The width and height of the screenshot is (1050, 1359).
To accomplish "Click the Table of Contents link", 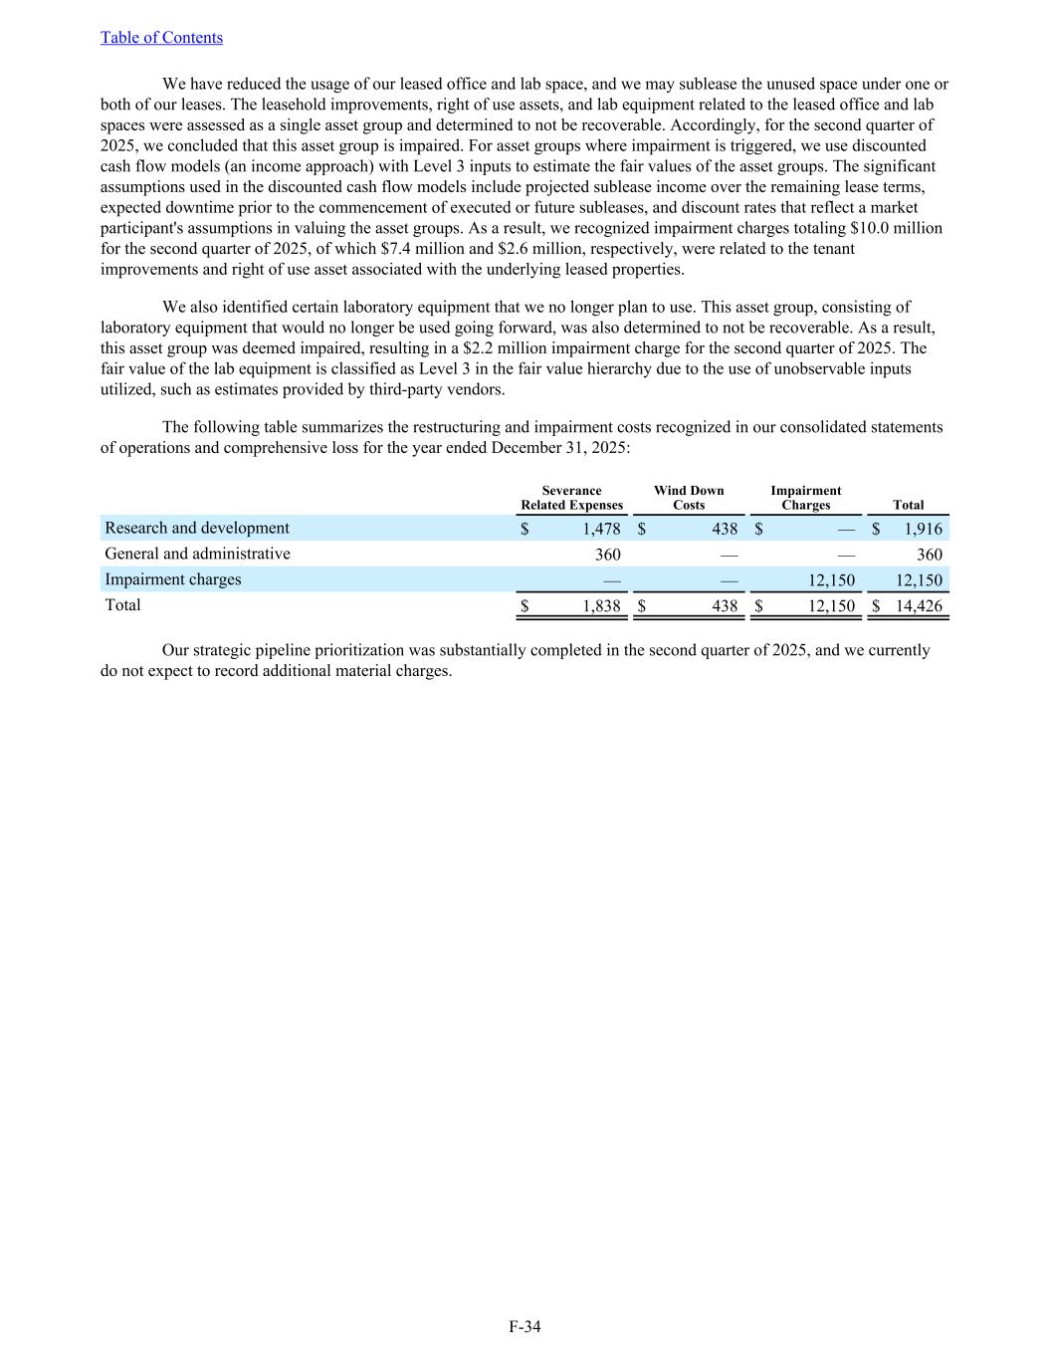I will (x=161, y=38).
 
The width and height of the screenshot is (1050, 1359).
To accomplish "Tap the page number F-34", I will (x=525, y=1326).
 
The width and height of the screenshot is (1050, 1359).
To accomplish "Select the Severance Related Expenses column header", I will (x=571, y=498).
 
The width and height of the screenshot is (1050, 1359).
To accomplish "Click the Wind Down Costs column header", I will (x=689, y=498).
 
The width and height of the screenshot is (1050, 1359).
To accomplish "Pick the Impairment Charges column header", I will (x=806, y=498).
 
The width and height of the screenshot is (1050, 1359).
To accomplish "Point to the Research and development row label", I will (x=197, y=528).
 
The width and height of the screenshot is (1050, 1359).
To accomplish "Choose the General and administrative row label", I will (x=197, y=554).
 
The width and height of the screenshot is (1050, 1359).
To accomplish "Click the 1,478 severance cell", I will (x=601, y=529).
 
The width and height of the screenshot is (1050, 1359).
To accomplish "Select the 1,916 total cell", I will (x=922, y=529).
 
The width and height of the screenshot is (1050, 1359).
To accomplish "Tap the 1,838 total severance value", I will (x=601, y=606).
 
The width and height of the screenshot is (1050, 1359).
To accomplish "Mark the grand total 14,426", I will (x=919, y=606).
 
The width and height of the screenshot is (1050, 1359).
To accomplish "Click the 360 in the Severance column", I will (x=607, y=555).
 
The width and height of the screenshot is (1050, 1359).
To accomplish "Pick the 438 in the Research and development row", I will (x=725, y=529).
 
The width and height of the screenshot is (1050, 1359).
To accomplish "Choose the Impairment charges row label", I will (x=173, y=579).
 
